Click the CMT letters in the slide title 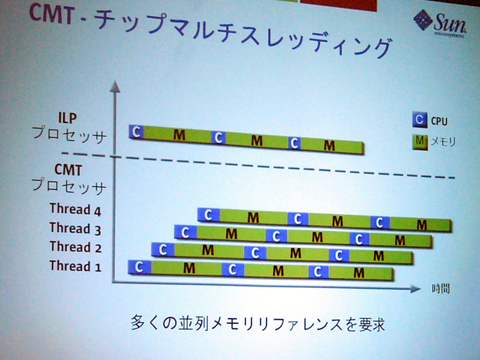click(x=52, y=14)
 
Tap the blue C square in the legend click(x=419, y=119)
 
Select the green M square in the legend click(x=419, y=142)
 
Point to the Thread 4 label click(x=76, y=209)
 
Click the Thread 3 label click(x=76, y=229)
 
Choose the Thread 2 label click(x=76, y=247)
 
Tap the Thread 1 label click(x=76, y=266)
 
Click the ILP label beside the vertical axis click(x=67, y=118)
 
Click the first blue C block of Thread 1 click(x=140, y=267)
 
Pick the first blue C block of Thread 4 click(x=208, y=215)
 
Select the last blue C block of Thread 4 click(x=380, y=223)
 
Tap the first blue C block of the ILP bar click(x=136, y=131)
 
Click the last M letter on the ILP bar click(x=329, y=145)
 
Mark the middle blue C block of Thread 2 click(x=256, y=253)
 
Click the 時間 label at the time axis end click(x=441, y=289)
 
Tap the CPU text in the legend click(x=439, y=121)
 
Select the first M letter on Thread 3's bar click(x=232, y=234)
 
